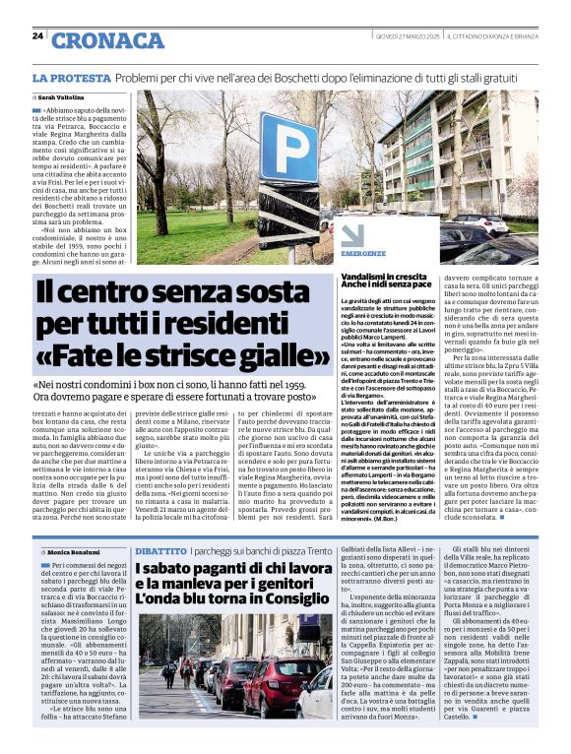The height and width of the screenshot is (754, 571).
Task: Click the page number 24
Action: [x=37, y=35]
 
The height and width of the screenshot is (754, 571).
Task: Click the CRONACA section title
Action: [x=107, y=40]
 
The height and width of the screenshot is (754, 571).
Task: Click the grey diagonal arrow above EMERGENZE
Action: [x=350, y=235]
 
